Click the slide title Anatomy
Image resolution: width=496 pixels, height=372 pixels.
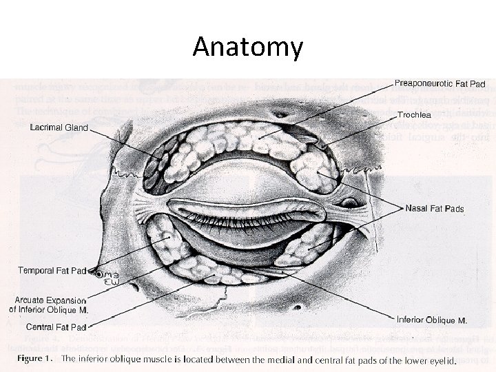click(247, 47)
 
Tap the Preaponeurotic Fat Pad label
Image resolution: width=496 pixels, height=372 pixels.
click(440, 83)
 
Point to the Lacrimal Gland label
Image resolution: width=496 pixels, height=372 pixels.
click(59, 127)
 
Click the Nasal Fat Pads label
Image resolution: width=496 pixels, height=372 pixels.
click(434, 208)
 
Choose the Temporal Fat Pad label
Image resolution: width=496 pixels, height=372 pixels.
click(52, 270)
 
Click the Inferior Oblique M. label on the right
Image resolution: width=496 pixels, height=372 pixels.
click(431, 320)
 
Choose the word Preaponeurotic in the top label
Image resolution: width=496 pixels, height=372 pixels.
click(423, 83)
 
